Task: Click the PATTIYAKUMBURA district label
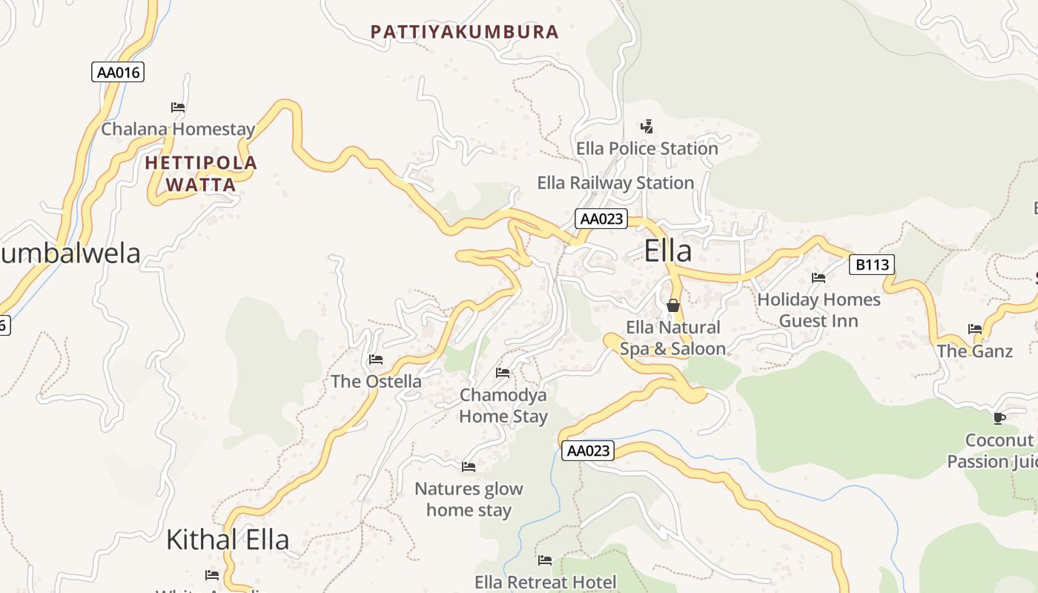click(464, 32)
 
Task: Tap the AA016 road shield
click(118, 72)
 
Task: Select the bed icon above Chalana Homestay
click(178, 107)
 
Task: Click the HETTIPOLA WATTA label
click(201, 173)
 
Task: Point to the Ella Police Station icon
click(647, 126)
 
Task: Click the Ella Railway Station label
click(615, 182)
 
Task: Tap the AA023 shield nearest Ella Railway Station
click(601, 219)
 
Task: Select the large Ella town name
click(668, 251)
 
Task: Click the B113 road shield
click(871, 264)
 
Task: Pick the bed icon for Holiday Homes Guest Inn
click(819, 278)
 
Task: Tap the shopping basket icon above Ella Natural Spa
click(673, 305)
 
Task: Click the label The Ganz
click(974, 351)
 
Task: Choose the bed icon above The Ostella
click(376, 360)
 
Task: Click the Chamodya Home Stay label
click(503, 405)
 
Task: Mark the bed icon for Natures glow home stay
click(469, 467)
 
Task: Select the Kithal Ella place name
click(227, 539)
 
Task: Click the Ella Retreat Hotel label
click(545, 582)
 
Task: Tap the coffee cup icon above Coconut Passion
click(999, 418)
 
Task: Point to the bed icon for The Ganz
click(975, 329)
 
